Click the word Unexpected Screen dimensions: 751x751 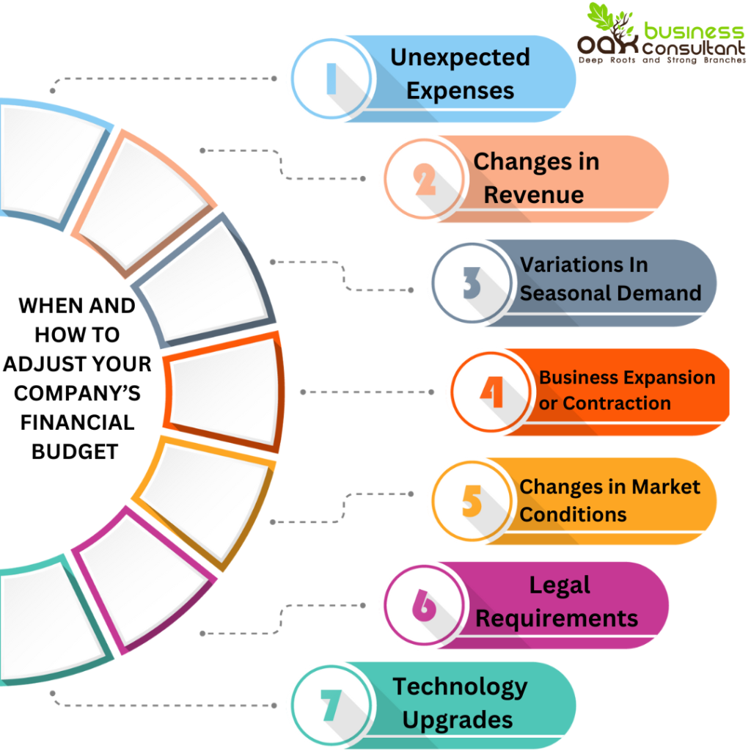click(x=460, y=57)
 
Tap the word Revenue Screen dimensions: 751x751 click(x=534, y=195)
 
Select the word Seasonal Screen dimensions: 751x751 click(x=565, y=293)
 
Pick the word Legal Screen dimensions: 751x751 click(x=560, y=585)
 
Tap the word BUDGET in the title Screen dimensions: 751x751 click(x=75, y=451)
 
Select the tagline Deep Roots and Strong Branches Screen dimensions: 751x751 click(x=660, y=60)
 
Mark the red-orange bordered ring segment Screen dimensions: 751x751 click(x=224, y=392)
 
